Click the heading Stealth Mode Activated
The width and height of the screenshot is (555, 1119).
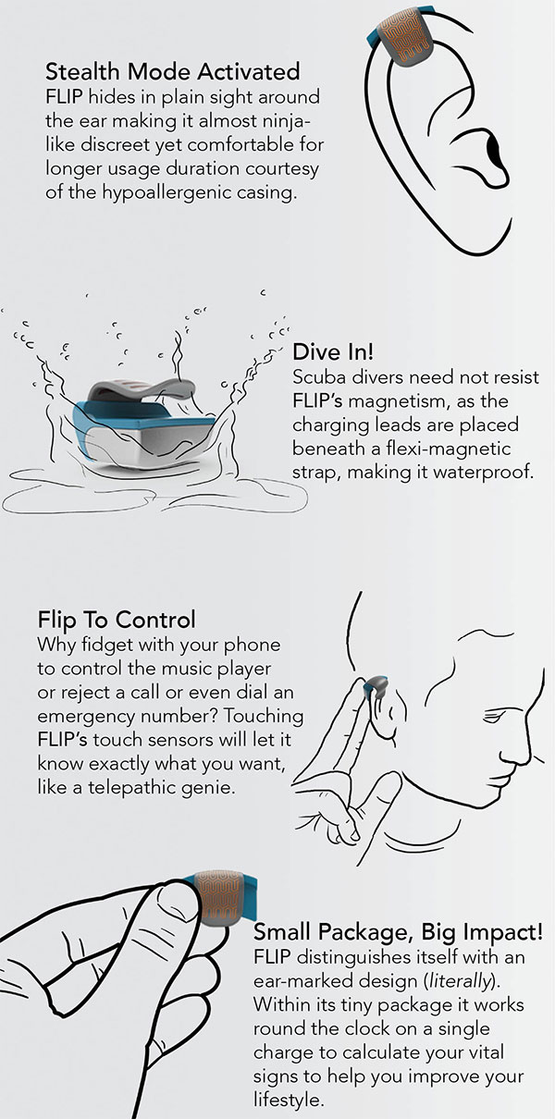coord(172,72)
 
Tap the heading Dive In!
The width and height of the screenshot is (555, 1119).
coord(333,352)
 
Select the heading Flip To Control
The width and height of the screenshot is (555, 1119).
coord(117,620)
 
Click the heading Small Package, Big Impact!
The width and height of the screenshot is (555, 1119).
coord(398,932)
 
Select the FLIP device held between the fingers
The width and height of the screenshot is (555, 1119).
coord(221,899)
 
